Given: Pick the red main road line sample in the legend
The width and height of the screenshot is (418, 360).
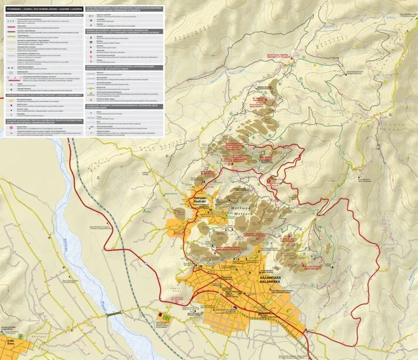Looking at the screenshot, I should tap(11, 26).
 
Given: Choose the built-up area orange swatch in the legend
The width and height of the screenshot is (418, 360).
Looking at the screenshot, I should tap(11, 100).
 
